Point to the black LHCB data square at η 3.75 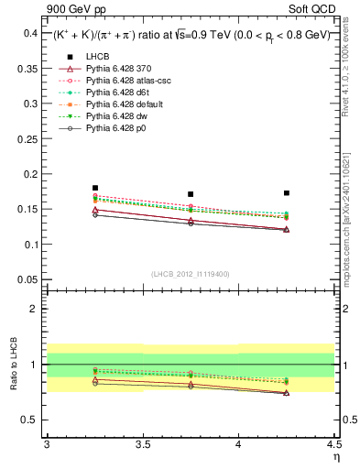191,194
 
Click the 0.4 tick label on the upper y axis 27,33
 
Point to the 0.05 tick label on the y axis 25,279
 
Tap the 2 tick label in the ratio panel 33,309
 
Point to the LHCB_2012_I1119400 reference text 190,274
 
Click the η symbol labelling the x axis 335,457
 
